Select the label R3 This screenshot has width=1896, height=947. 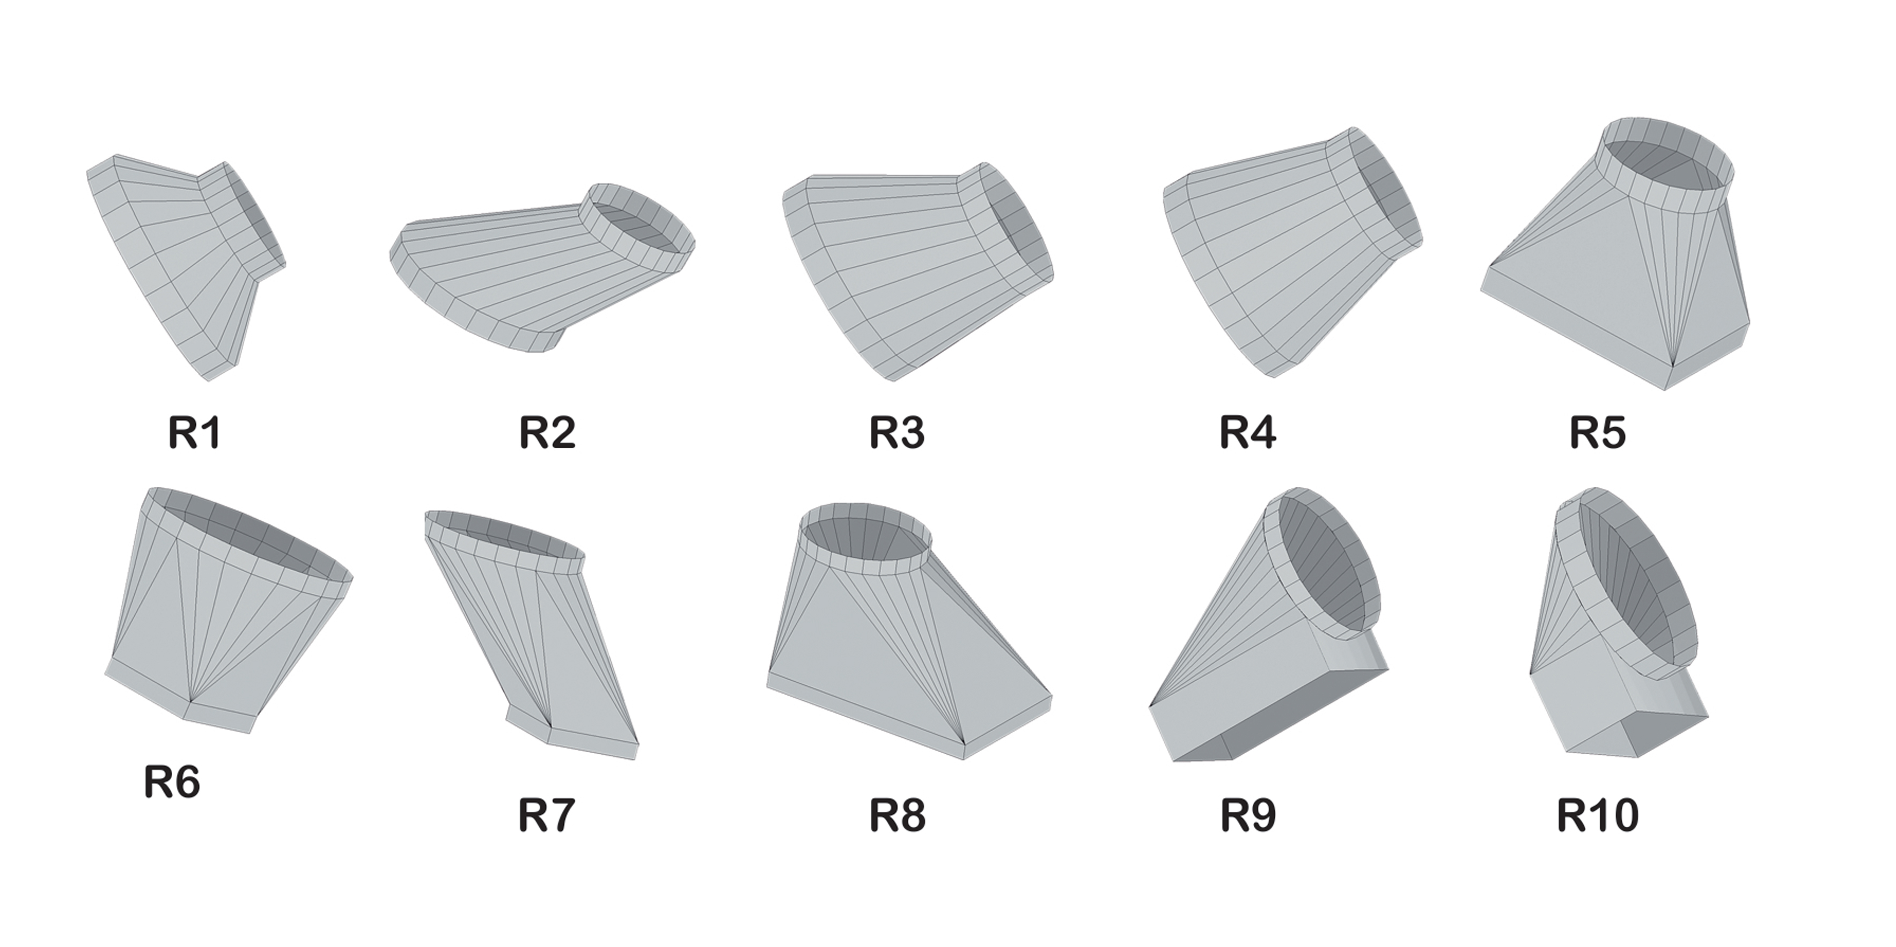click(x=896, y=433)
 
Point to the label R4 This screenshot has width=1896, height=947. click(x=1247, y=433)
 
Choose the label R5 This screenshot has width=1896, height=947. click(x=1598, y=433)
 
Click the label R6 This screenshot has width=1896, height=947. click(x=172, y=782)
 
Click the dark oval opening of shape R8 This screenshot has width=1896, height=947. click(x=861, y=541)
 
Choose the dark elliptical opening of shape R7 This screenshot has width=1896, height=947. click(x=508, y=537)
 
